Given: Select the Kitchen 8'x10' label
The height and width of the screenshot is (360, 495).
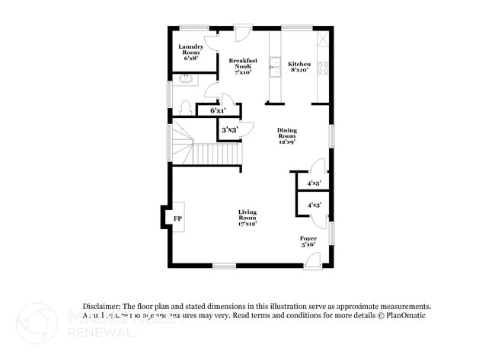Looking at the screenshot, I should (299, 66).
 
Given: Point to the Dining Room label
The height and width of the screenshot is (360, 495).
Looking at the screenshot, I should (286, 135).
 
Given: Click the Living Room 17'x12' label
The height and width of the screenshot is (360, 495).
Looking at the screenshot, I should (247, 218).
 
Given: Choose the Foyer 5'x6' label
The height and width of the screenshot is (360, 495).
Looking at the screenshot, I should (308, 242).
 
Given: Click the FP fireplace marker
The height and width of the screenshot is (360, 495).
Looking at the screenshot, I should (177, 219).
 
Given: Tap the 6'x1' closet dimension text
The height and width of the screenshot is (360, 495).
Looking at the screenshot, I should (218, 111).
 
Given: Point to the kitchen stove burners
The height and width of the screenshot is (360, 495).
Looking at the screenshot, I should (323, 66).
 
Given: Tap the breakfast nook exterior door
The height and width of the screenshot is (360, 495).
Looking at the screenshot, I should (243, 36).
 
